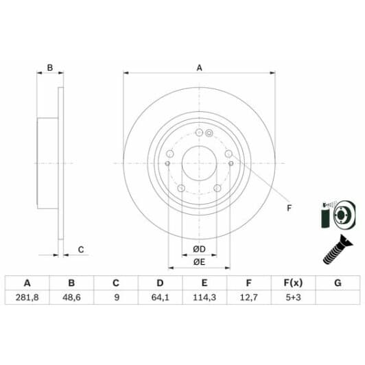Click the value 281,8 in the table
point(27,297)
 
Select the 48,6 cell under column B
point(71,297)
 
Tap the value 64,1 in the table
point(160,297)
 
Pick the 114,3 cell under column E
point(204,297)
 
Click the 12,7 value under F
point(249,297)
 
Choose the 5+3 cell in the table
point(294,297)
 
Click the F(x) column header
point(294,283)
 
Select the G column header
point(338,283)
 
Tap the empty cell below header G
point(338,297)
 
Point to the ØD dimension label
point(199,249)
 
